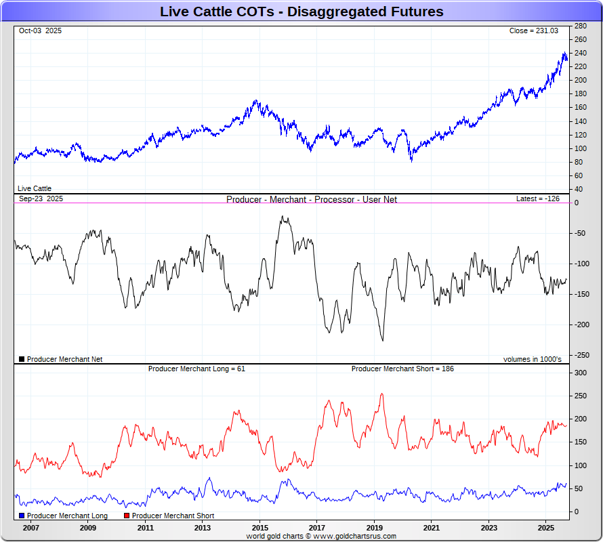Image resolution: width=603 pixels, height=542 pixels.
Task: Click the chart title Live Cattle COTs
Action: (x=301, y=12)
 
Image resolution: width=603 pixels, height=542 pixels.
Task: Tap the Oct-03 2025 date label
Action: (x=40, y=30)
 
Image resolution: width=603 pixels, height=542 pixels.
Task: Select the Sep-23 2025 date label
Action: (x=41, y=199)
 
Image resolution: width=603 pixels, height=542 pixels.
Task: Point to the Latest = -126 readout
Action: (x=537, y=199)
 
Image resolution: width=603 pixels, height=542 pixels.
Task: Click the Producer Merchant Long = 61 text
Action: (x=196, y=369)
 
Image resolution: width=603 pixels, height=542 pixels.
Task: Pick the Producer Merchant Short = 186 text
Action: (x=402, y=369)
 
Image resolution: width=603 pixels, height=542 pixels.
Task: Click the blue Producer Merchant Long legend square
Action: (x=22, y=516)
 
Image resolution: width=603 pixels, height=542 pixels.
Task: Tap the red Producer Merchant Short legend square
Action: (x=127, y=516)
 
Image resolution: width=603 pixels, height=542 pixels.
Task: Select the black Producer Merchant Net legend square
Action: (x=22, y=359)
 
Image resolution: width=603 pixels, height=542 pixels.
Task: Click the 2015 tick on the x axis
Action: (x=259, y=527)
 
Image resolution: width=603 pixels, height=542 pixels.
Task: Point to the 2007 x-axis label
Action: (x=30, y=527)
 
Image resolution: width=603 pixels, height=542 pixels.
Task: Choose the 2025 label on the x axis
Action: (x=546, y=527)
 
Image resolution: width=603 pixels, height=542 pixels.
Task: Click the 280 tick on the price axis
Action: (x=580, y=26)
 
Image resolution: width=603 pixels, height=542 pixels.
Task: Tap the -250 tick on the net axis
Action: (x=581, y=355)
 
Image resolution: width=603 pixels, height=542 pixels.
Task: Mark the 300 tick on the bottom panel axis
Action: (x=581, y=373)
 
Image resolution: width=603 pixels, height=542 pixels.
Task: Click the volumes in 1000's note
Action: (x=532, y=359)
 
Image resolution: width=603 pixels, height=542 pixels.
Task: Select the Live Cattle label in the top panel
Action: (x=35, y=188)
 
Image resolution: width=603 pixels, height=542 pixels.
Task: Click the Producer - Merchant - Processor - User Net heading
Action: (x=312, y=199)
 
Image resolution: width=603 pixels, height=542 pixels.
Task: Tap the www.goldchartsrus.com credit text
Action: (x=355, y=536)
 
